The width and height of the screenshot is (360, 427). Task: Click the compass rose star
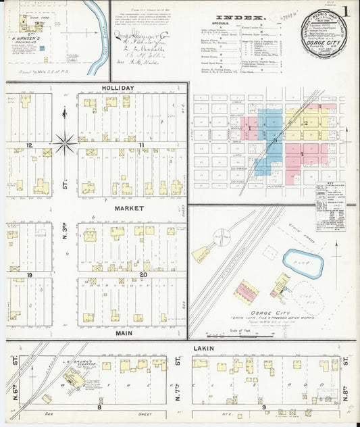(65, 142)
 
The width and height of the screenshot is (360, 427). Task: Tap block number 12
(30, 145)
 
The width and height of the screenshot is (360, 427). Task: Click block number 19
(30, 275)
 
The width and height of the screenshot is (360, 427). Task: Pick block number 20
(143, 275)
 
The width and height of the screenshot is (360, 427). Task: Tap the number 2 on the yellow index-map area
(305, 122)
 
